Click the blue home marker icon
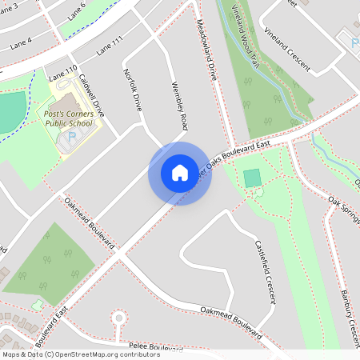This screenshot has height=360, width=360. point(179,173)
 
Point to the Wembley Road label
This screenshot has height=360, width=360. point(179,106)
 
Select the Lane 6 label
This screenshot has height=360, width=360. point(77,10)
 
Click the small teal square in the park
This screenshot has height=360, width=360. point(253,178)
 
